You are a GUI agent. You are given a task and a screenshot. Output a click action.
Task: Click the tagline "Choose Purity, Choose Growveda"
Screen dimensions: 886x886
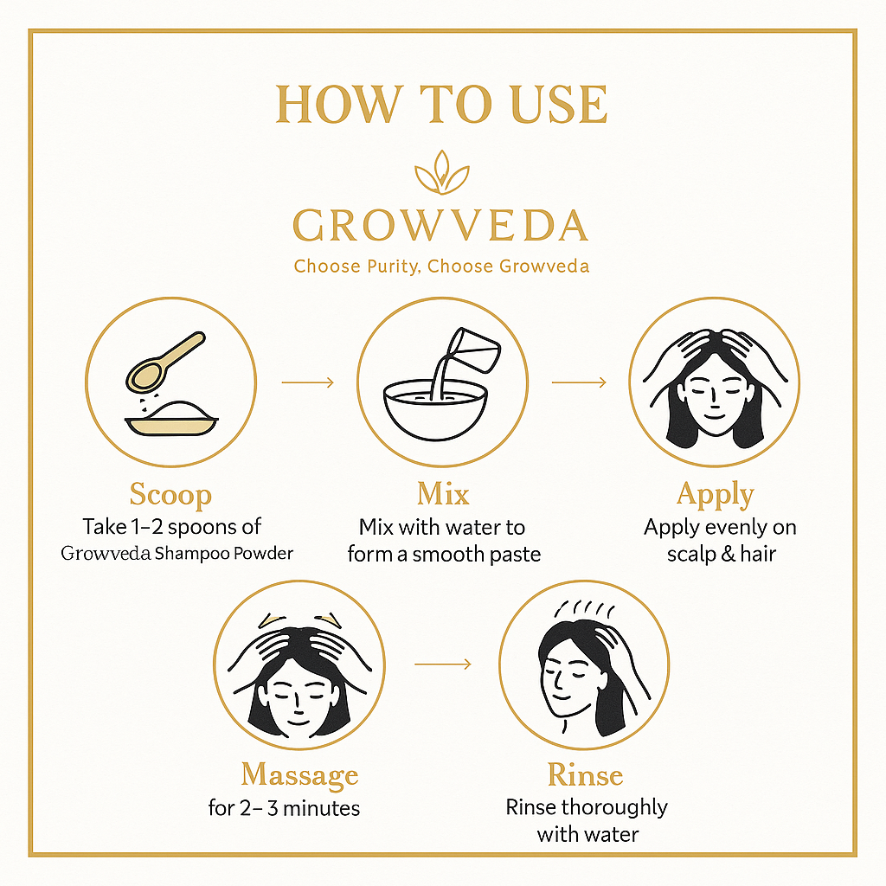(x=441, y=266)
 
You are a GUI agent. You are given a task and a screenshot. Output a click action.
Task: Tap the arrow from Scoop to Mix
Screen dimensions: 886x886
(x=307, y=382)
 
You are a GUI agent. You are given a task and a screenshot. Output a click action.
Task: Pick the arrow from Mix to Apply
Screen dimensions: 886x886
(x=579, y=382)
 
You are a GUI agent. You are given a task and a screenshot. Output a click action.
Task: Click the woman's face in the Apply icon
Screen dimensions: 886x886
(x=714, y=394)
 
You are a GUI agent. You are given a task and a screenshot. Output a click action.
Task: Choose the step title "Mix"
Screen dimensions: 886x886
(x=443, y=494)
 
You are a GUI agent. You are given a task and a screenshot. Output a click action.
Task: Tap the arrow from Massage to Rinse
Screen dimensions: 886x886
(x=442, y=664)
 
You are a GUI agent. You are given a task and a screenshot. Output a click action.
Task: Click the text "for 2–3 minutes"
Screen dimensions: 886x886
(x=285, y=808)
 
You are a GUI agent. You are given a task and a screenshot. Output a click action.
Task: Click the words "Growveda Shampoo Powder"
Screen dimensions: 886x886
(x=177, y=553)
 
